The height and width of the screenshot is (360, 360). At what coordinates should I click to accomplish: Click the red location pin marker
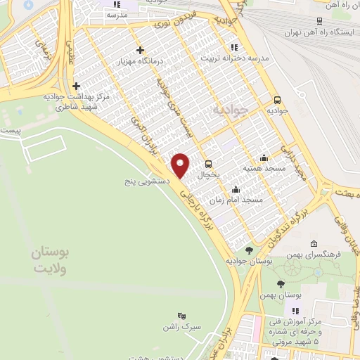pos(181,165)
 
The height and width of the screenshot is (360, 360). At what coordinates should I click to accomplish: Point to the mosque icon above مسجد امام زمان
pos(236,189)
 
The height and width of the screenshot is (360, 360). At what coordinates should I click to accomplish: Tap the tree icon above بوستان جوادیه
pos(249,250)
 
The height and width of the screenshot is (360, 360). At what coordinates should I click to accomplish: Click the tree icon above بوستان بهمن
pos(281,284)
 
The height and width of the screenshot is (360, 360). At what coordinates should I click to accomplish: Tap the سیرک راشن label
pos(182,328)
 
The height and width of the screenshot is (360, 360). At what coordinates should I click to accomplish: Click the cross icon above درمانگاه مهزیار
pos(141,50)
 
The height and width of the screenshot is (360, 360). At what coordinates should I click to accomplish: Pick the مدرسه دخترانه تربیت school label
pos(236,59)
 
